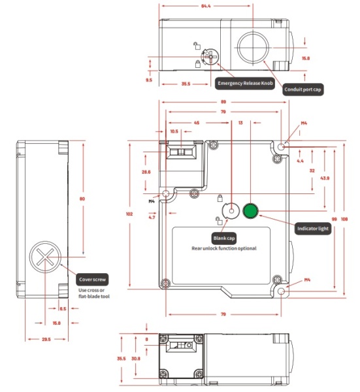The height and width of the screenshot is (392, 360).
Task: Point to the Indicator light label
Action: point(313,229)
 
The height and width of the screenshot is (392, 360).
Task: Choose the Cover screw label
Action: point(92,278)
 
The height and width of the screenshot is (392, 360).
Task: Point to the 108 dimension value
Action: point(346,220)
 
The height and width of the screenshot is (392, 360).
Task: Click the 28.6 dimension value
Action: point(146,171)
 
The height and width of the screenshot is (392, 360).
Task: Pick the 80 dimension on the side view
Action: point(82,199)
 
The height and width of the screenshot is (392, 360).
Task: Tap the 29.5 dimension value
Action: point(46,340)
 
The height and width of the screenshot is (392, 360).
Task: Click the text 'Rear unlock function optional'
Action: point(223,248)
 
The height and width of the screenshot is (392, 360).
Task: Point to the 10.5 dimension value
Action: point(174,131)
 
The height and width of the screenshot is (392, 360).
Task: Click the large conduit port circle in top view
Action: point(251,47)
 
